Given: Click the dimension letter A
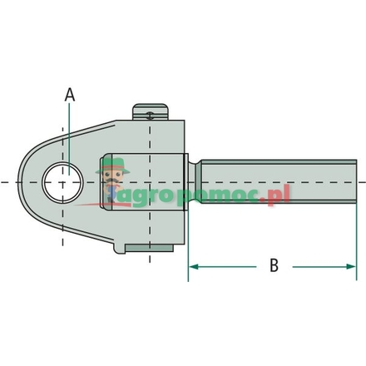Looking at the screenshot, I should click(x=70, y=96).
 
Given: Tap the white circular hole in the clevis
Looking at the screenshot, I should click(x=63, y=182).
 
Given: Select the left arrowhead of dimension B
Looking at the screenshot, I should click(x=195, y=267).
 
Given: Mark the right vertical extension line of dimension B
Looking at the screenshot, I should click(x=357, y=241).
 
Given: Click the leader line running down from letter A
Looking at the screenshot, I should click(x=70, y=133).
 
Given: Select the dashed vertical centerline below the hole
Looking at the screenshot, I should click(x=62, y=229).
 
